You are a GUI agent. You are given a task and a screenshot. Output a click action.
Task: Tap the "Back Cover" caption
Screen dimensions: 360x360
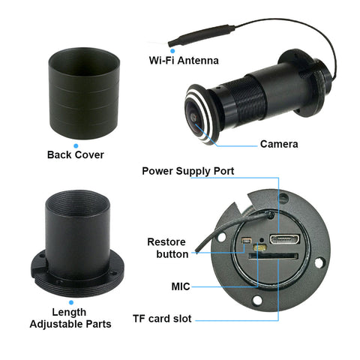pos(75,155)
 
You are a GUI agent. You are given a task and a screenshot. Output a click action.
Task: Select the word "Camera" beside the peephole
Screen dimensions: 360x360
pos(279,143)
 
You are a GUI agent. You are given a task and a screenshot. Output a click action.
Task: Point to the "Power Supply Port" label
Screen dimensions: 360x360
pos(188,171)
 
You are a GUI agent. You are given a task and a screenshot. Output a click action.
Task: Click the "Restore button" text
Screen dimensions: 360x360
pos(166,248)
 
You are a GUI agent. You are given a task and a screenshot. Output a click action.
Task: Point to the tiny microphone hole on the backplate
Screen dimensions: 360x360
pos(259,247)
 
